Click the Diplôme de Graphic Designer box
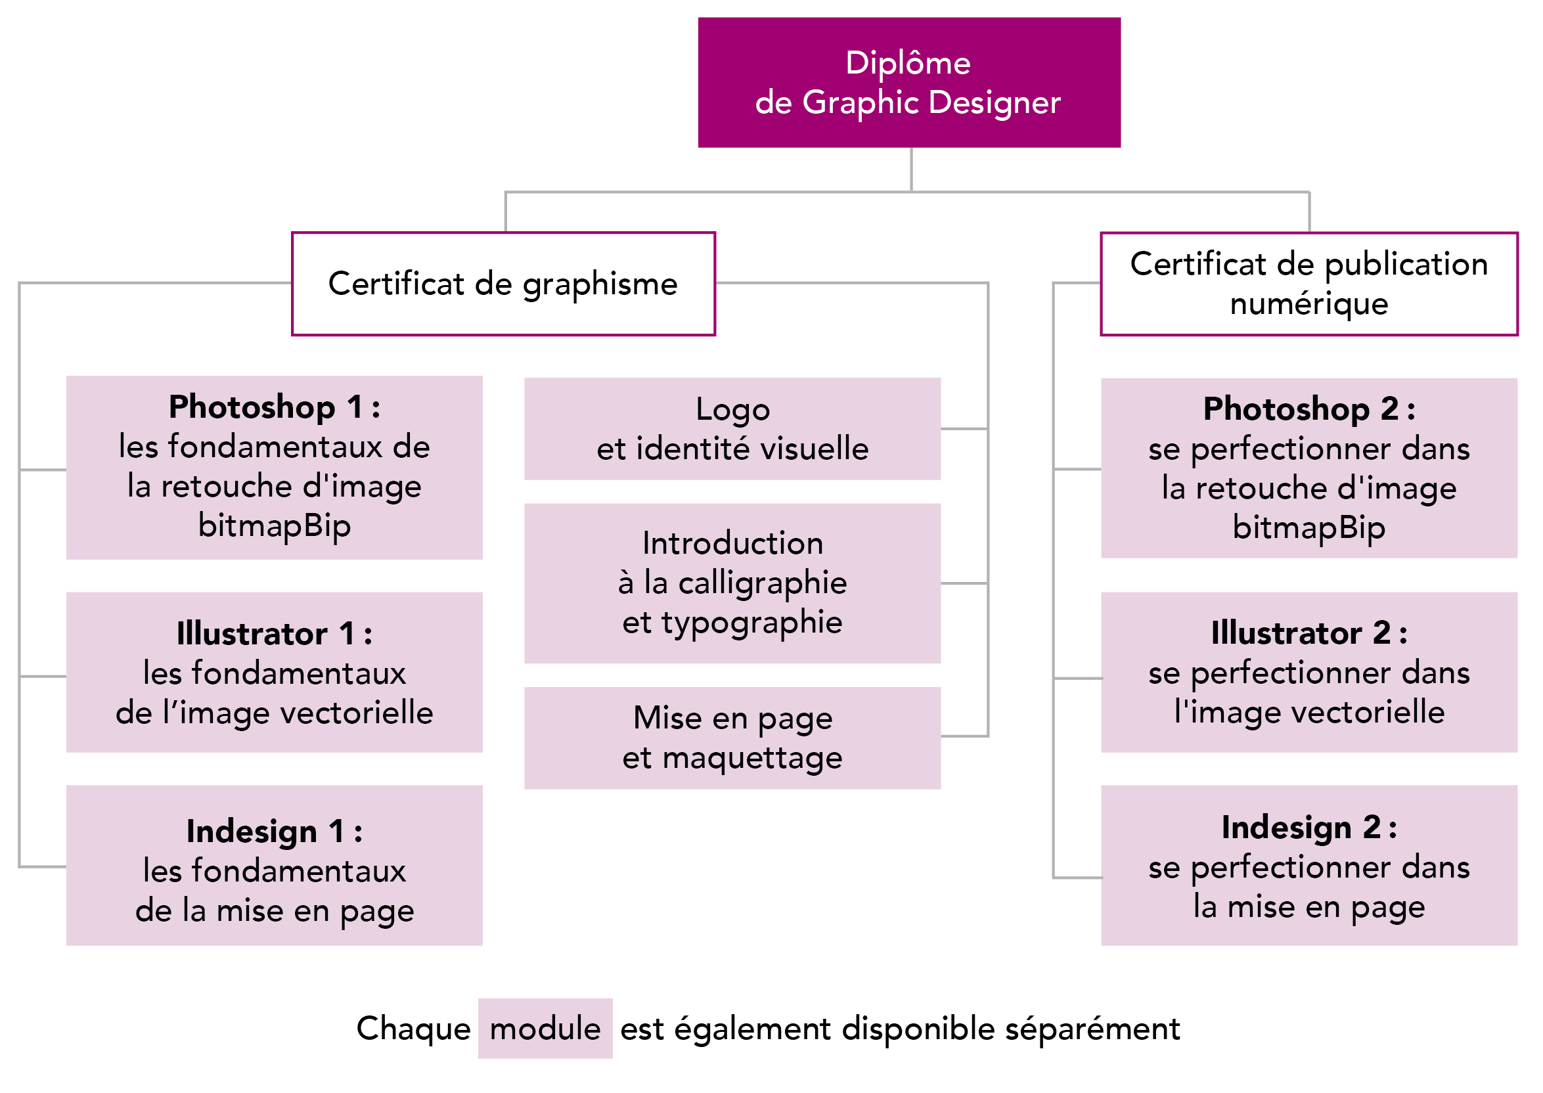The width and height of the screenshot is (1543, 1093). [908, 82]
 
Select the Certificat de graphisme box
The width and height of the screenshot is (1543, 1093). [503, 284]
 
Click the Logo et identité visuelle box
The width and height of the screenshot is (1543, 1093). [732, 429]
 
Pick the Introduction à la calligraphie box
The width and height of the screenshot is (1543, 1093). [732, 583]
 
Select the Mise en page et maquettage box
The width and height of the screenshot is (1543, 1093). [732, 738]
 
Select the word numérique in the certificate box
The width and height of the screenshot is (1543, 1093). [1309, 304]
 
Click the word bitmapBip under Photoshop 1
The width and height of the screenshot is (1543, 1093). [274, 525]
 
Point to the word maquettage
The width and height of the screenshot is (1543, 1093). [751, 759]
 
